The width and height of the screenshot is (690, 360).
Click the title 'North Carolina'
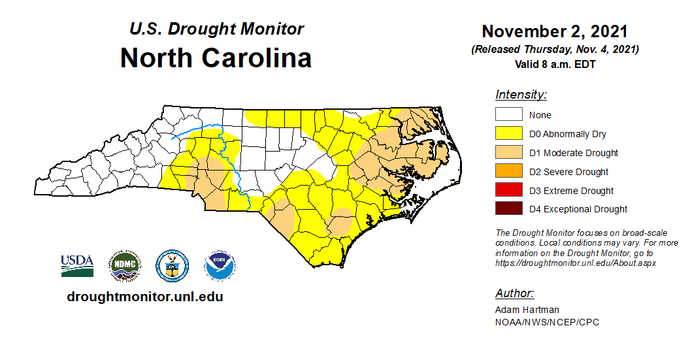click(x=216, y=58)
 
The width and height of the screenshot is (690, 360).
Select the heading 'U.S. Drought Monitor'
click(x=216, y=29)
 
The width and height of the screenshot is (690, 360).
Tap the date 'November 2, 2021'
click(x=555, y=31)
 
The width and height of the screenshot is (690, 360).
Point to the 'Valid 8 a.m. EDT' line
click(x=555, y=64)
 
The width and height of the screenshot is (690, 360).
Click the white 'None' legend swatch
click(x=508, y=115)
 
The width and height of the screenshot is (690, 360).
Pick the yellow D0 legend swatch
click(x=508, y=134)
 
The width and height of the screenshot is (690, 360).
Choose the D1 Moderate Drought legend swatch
click(x=508, y=153)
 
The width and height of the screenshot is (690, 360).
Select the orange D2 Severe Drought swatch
click(x=508, y=172)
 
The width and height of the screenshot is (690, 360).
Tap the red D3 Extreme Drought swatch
click(x=508, y=191)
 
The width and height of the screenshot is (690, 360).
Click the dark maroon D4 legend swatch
click(x=508, y=209)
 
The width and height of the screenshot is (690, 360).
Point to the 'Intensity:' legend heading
click(x=521, y=95)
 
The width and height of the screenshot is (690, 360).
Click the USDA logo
click(x=77, y=265)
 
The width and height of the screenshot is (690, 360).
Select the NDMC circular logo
click(x=124, y=265)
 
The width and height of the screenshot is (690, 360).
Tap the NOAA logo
click(x=220, y=265)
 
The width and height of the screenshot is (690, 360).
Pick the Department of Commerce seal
click(x=172, y=265)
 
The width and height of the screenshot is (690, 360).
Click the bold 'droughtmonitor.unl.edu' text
click(x=145, y=297)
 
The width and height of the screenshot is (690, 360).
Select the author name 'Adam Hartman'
click(x=527, y=310)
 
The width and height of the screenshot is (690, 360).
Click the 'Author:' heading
click(x=514, y=293)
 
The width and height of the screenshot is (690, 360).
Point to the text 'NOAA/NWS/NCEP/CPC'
click(x=538, y=322)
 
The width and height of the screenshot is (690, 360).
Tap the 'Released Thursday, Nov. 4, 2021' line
click(x=555, y=50)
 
